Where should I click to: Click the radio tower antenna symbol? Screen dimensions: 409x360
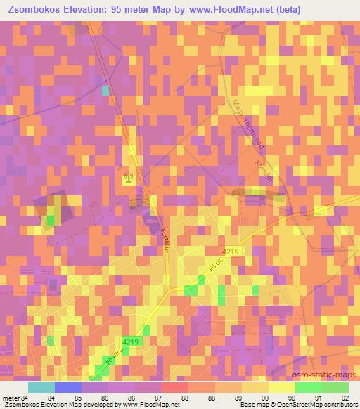pyautogui.click(x=128, y=178)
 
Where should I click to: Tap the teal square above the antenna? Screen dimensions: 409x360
pyautogui.click(x=105, y=90)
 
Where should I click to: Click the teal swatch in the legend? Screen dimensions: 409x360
pyautogui.click(x=41, y=387)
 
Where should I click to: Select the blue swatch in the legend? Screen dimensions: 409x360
pyautogui.click(x=68, y=387)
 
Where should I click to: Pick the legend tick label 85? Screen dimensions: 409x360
pyautogui.click(x=77, y=397)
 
